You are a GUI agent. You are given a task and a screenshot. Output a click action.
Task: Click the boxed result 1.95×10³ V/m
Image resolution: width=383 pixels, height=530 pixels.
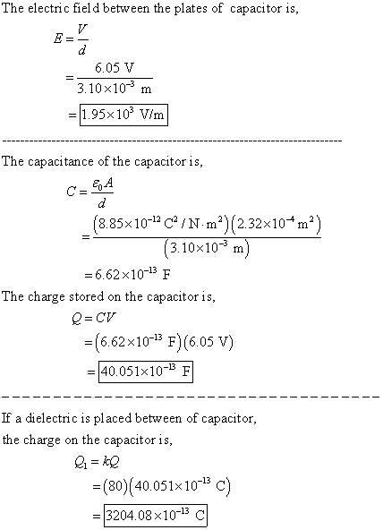123,115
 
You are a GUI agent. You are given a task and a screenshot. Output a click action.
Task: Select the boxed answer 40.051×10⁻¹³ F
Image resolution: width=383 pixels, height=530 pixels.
146,372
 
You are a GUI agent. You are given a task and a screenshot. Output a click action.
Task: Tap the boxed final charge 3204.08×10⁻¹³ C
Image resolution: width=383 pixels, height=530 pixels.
156,516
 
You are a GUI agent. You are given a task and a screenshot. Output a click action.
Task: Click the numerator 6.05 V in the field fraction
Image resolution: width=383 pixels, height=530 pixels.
115,68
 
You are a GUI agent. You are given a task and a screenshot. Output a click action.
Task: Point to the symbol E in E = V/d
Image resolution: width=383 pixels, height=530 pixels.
58,38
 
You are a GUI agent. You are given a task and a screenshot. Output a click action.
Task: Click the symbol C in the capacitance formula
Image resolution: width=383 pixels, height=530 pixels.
72,192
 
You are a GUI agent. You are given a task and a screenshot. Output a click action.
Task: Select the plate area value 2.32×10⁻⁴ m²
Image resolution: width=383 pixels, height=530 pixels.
274,224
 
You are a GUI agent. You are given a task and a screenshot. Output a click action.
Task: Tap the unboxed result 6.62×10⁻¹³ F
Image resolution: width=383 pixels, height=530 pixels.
132,275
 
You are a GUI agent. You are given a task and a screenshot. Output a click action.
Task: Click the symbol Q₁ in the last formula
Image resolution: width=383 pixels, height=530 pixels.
81,462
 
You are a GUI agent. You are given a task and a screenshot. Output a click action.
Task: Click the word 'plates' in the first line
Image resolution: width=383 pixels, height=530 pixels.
191,9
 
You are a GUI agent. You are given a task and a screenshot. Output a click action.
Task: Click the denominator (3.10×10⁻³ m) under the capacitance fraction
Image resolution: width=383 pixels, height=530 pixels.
207,249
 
